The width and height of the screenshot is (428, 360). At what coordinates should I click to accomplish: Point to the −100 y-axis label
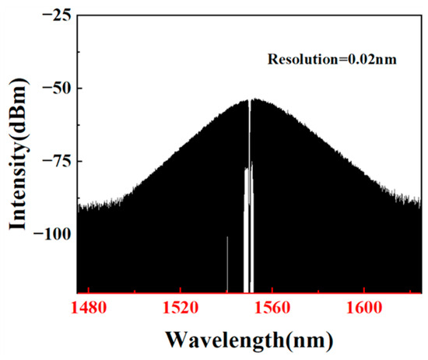pos(52,234)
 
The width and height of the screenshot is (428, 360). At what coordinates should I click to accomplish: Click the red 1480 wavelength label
pos(88,308)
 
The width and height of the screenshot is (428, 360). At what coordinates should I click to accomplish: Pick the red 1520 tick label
pos(181,308)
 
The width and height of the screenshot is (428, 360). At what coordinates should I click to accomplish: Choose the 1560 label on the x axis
pos(272,308)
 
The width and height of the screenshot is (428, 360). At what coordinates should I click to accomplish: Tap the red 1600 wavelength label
pos(364,308)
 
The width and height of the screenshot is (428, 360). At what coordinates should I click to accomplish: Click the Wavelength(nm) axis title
pos(250,340)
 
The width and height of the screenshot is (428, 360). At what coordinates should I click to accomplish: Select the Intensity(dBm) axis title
pos(19,154)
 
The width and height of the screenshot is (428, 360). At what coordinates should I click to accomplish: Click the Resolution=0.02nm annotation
pos(332,59)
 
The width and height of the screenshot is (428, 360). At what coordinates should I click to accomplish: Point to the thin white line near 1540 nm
pos(227,264)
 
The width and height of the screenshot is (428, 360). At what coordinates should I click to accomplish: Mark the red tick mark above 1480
pos(89,290)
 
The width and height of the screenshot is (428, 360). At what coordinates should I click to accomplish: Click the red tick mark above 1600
pos(364,290)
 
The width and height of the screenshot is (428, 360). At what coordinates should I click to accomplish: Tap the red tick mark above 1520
pos(181,290)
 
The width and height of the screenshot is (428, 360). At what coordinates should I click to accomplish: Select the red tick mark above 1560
pos(272,290)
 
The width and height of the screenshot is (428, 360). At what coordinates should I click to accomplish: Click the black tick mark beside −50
pos(80,89)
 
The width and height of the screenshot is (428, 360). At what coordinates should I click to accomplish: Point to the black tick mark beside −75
pos(80,161)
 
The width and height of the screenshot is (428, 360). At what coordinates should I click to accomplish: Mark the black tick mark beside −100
pos(80,234)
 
